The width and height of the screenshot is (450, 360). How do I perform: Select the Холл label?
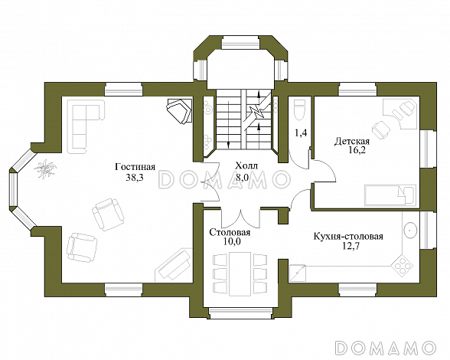coord(246,165)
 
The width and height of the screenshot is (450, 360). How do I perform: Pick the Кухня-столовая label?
coord(347,237)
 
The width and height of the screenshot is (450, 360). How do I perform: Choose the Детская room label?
coord(352,142)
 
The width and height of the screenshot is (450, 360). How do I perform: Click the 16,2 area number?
coord(352,152)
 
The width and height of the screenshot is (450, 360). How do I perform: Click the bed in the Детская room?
coord(389,193)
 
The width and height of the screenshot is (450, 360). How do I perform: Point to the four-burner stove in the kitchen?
coord(402,266)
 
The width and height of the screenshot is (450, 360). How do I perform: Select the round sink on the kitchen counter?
coord(409,227)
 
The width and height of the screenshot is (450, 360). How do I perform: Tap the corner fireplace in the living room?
coord(180,110)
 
